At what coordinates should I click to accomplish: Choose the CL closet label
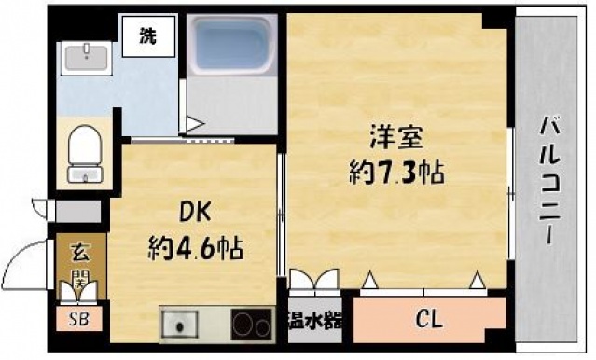coord(428,321)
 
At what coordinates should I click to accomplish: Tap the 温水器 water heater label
coord(314,323)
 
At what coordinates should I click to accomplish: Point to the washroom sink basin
coord(89,55)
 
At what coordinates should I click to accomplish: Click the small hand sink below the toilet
coord(89,175)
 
